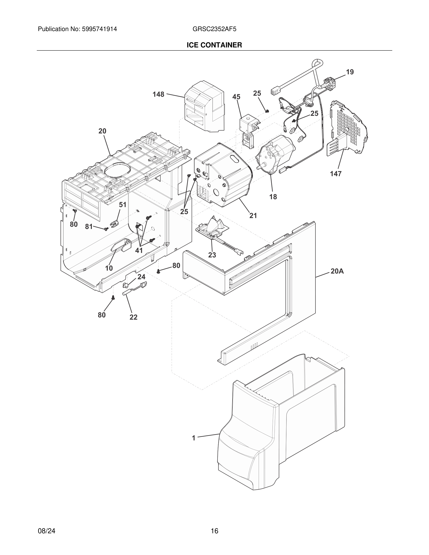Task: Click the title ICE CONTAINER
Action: pos(214,45)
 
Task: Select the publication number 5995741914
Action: pos(99,29)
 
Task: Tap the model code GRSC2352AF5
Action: pos(214,29)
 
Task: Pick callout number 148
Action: pos(158,95)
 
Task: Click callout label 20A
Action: pos(337,271)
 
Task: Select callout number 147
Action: pos(336,174)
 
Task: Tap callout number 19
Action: pos(350,72)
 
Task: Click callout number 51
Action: pos(122,205)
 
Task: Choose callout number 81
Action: pos(89,227)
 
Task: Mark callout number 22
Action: pos(133,317)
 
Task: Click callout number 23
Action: pos(212,255)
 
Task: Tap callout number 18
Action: pos(273,197)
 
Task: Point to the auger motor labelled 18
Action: pos(275,155)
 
